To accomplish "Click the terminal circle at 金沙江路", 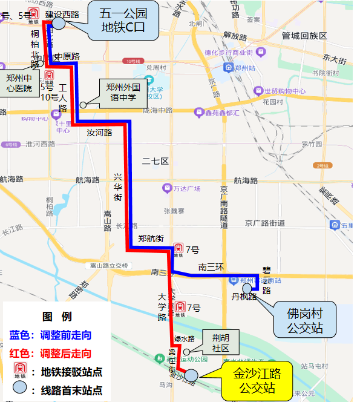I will point(191,375).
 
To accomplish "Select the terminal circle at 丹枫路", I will point(247,289).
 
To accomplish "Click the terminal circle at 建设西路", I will point(59,22).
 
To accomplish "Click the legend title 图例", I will point(56,317).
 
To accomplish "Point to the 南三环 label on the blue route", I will point(211,267).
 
